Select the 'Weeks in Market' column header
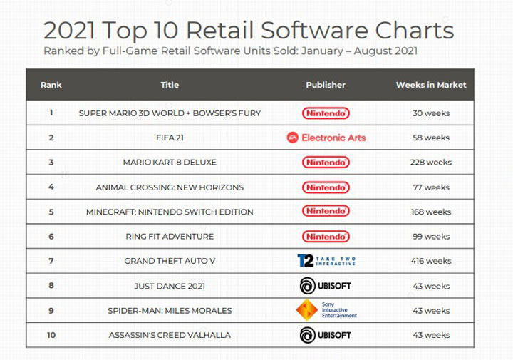click(x=430, y=85)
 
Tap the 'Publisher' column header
click(x=326, y=85)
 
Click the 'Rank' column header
click(x=51, y=85)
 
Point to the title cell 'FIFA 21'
click(x=170, y=138)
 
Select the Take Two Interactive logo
click(x=326, y=260)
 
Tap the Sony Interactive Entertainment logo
click(x=326, y=309)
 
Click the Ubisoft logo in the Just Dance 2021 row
click(x=326, y=285)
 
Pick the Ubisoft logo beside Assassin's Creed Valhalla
click(x=326, y=334)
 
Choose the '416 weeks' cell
click(x=431, y=261)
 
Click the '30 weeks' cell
click(x=431, y=113)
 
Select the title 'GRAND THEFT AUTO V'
click(x=170, y=261)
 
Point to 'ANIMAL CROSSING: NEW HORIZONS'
click(x=170, y=187)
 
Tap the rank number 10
click(x=51, y=334)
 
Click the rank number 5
click(x=51, y=212)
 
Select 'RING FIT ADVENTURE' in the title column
click(x=170, y=236)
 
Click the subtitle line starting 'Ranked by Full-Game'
click(x=229, y=51)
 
